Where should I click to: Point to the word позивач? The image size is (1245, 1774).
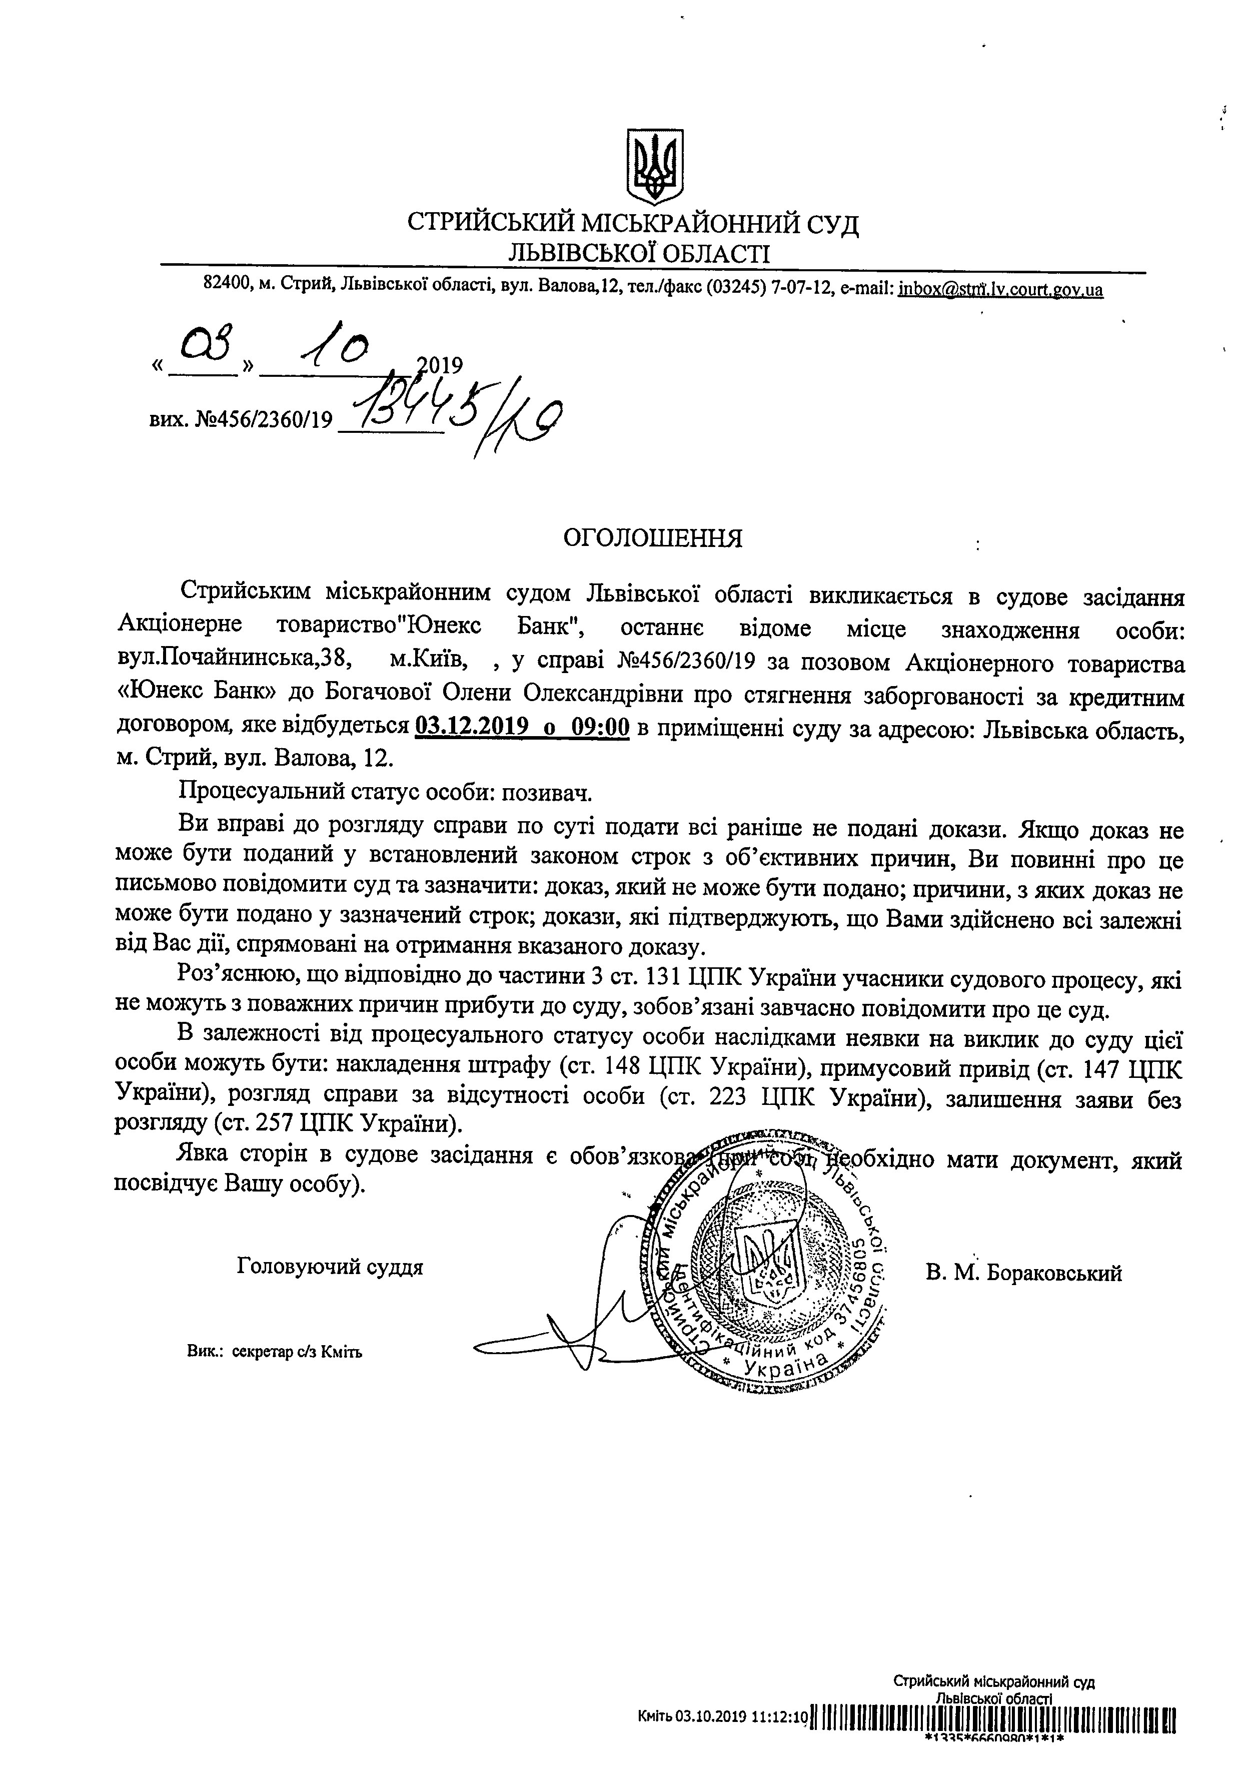(547, 794)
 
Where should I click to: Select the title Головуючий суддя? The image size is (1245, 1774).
(331, 1267)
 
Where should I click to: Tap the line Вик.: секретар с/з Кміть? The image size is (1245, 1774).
(274, 1351)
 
